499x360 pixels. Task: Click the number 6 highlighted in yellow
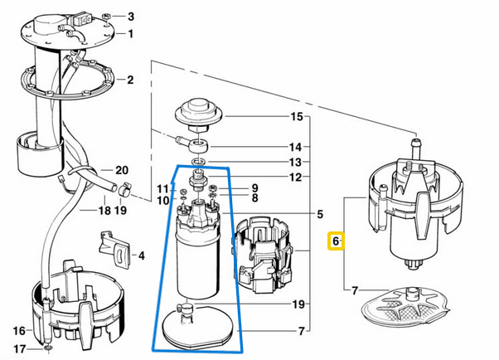pos(336,241)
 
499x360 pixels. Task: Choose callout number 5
pos(319,215)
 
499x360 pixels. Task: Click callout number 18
pos(104,211)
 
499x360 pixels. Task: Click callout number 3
pos(130,17)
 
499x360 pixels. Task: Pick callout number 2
pos(130,80)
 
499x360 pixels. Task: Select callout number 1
pos(130,34)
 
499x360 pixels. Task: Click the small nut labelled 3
pos(109,16)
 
